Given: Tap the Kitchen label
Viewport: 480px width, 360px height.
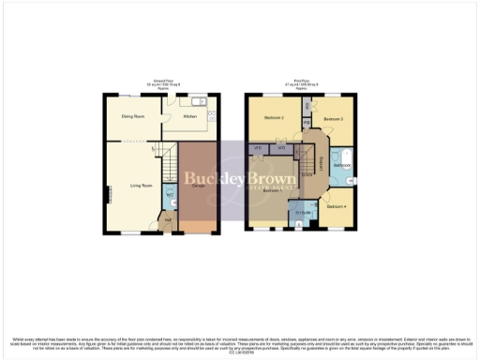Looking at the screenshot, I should coord(189,117).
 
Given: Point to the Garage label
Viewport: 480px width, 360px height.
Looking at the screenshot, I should coord(199,187).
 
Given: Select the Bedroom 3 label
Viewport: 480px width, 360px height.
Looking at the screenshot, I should coord(335,120).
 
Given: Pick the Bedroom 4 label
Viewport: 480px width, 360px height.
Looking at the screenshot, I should coord(337,205).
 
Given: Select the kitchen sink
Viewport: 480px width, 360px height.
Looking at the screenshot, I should coord(200,100).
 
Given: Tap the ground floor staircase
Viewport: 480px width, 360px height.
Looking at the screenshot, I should coord(167,165).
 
